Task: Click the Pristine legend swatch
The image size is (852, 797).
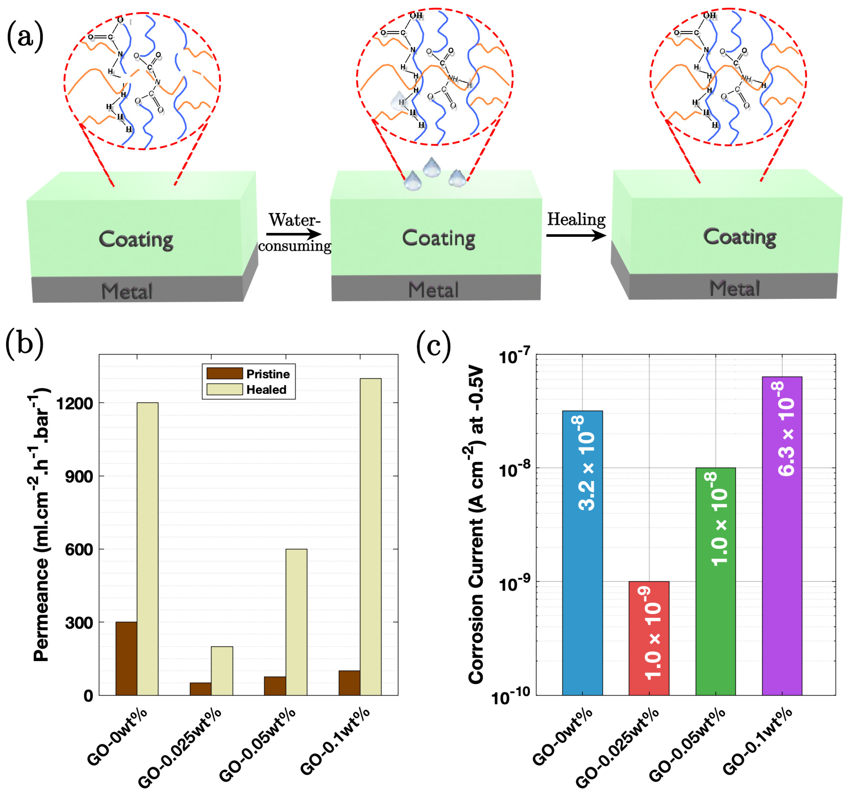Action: pos(225,373)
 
